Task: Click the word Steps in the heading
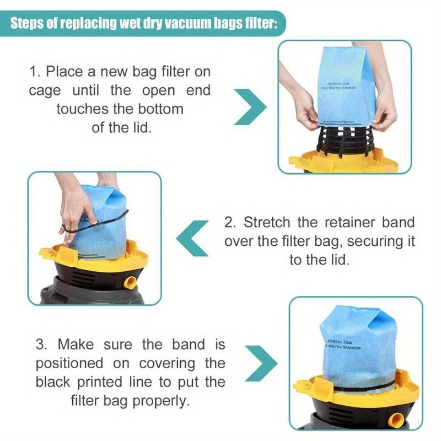tap(29, 25)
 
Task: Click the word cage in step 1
tap(45, 90)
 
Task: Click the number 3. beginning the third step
tap(44, 345)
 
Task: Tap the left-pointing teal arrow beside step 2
tap(193, 238)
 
